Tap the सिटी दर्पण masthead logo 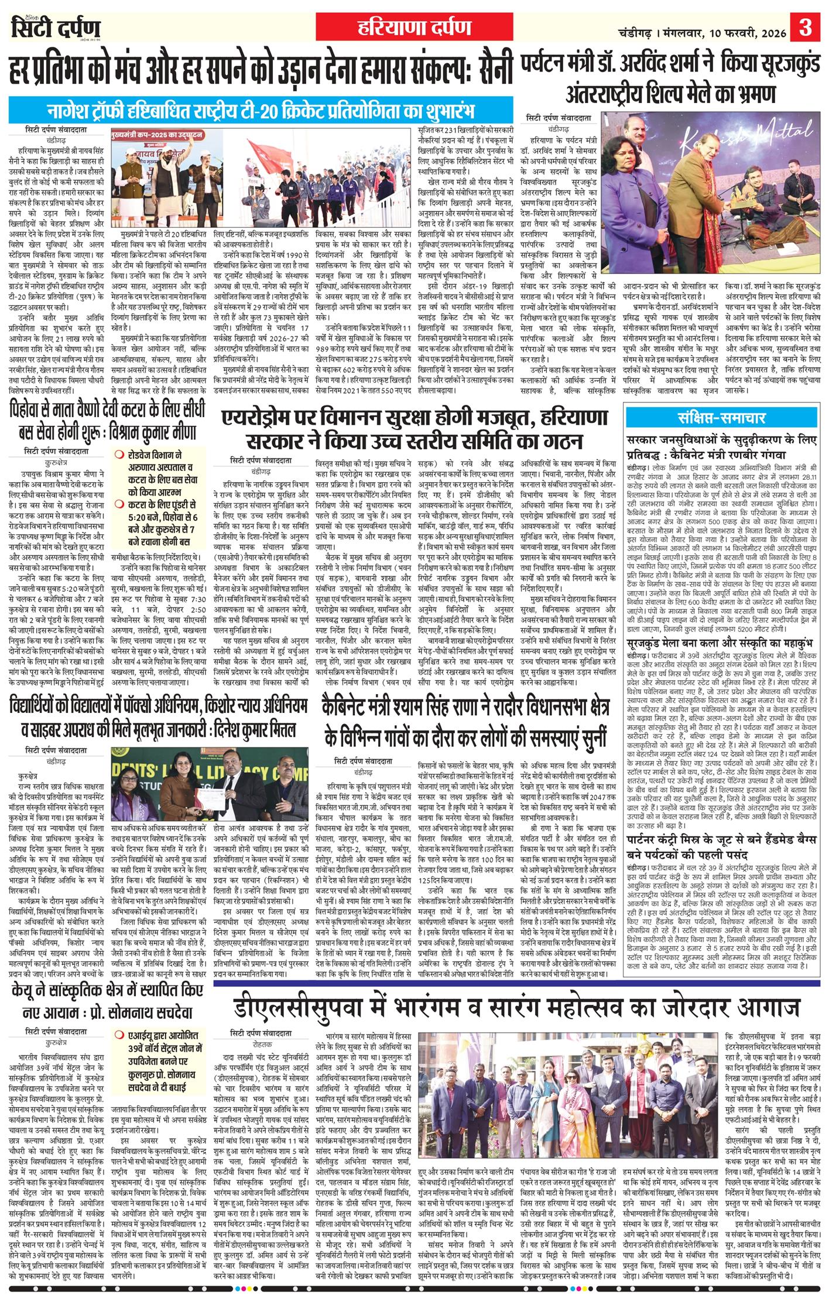[56, 28]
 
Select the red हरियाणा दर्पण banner [414, 27]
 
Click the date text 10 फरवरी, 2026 [749, 28]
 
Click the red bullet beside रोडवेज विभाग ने [119, 454]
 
